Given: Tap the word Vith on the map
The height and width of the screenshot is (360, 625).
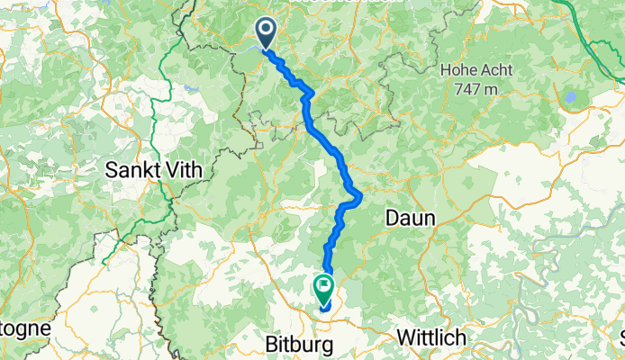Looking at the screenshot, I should click(x=188, y=168).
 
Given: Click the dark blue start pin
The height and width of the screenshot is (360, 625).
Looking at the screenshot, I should click(x=267, y=32).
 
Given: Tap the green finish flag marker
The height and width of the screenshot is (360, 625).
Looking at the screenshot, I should click(x=322, y=288).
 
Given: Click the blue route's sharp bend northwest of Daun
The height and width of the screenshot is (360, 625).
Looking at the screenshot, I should click(x=359, y=194).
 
